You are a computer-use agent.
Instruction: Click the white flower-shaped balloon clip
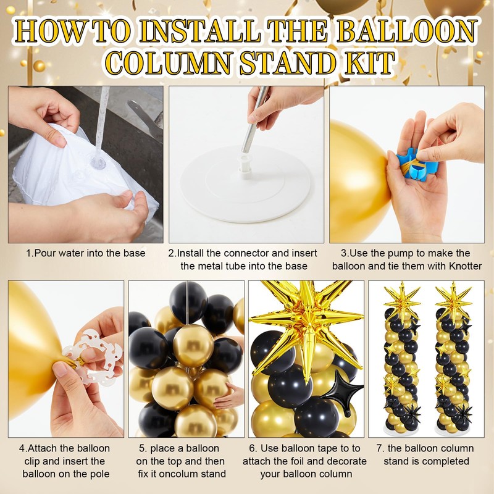coord(94,357)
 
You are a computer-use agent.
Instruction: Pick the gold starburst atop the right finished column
coord(453,299)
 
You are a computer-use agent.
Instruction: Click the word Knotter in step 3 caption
coord(466,266)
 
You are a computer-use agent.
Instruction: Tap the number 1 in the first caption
coord(28,253)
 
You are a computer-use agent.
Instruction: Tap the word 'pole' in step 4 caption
coord(99,474)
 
